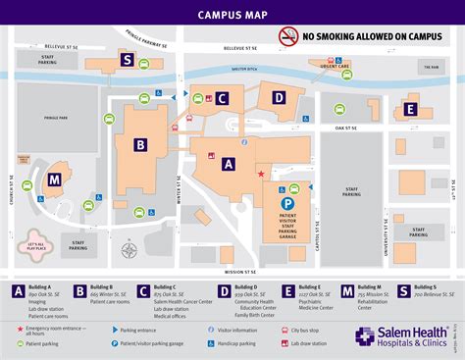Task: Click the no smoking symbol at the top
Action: [x=287, y=37]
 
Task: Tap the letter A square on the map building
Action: [x=229, y=165]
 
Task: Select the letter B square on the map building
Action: [x=140, y=145]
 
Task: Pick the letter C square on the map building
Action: [x=223, y=98]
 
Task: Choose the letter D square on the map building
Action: [x=279, y=97]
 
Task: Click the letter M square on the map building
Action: [x=54, y=180]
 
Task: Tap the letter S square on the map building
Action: [x=127, y=59]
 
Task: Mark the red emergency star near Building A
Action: [x=260, y=174]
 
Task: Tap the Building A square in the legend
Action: [x=18, y=290]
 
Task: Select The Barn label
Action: [x=430, y=68]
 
